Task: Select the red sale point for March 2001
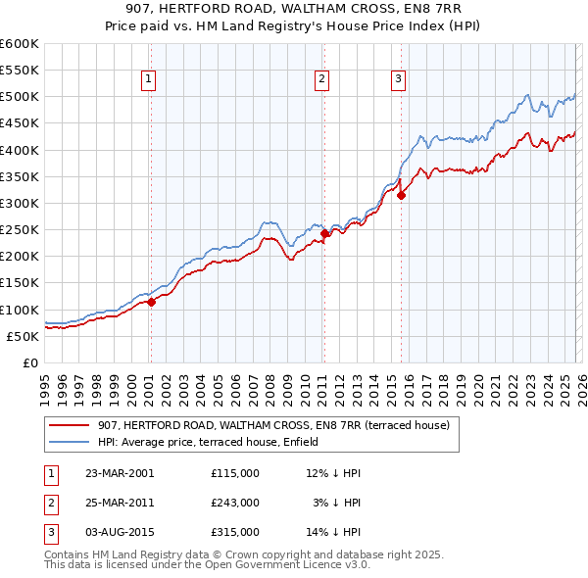point(152,303)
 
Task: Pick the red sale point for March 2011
point(324,234)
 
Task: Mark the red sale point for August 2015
point(401,196)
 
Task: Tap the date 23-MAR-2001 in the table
point(120,473)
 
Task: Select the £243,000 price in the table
point(235,503)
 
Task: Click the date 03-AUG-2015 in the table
point(121,532)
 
